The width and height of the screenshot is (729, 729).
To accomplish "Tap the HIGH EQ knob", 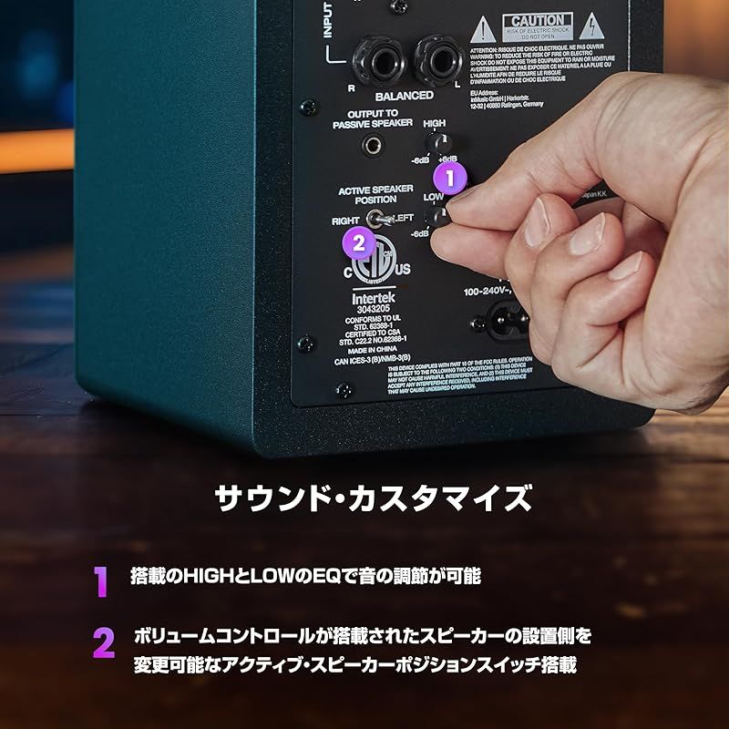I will (439, 143).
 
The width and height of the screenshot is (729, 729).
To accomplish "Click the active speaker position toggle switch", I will (375, 220).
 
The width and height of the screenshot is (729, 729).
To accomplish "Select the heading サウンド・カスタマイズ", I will (372, 499).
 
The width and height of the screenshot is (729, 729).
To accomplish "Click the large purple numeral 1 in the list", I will (101, 581).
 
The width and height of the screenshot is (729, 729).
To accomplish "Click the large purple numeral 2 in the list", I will (103, 643).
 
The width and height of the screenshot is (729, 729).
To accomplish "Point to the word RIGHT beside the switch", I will (345, 221).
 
